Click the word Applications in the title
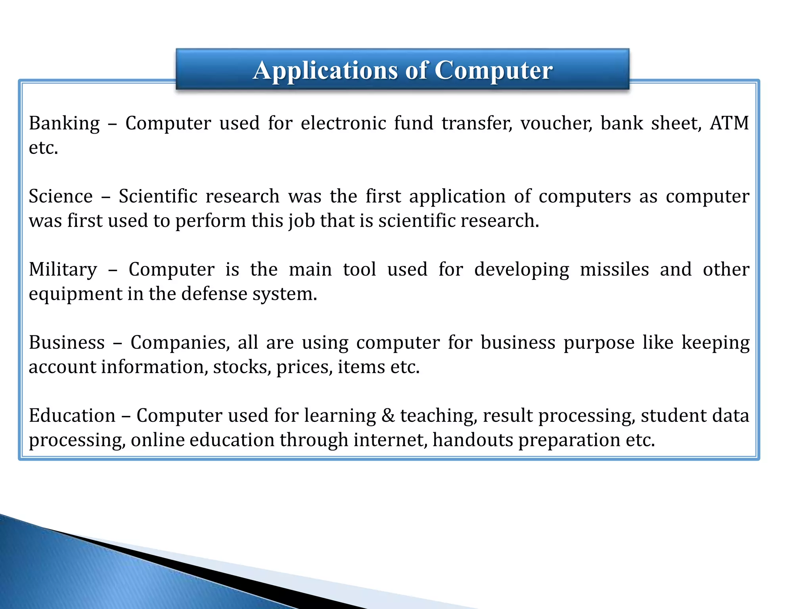(x=325, y=71)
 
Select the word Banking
(x=64, y=123)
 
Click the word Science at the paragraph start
(x=61, y=196)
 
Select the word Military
(x=63, y=270)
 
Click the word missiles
(x=614, y=269)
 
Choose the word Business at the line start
(x=67, y=343)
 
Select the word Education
(x=72, y=416)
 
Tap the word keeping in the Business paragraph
(x=715, y=343)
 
